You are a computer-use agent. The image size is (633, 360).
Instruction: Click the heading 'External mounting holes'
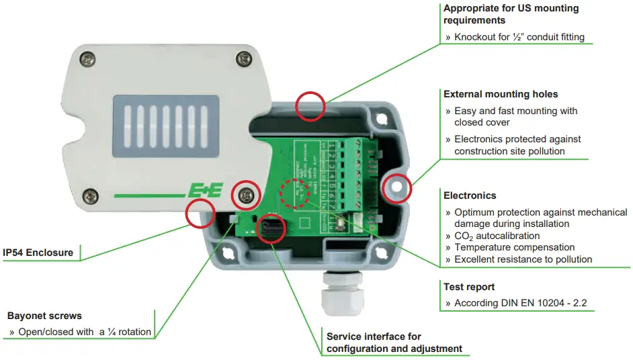tap(500, 94)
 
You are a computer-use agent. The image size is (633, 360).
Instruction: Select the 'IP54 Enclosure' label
tap(38, 253)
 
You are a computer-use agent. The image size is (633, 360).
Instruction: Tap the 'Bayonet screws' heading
tap(44, 315)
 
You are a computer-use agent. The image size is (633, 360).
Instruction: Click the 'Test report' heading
tap(469, 286)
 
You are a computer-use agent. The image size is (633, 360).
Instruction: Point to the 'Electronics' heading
tap(470, 195)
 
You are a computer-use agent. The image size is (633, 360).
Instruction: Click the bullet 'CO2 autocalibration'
tap(497, 236)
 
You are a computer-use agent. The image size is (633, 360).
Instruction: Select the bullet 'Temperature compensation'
tap(514, 247)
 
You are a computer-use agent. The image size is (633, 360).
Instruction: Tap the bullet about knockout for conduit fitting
tap(519, 37)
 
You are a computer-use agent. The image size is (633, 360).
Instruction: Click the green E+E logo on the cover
tap(202, 192)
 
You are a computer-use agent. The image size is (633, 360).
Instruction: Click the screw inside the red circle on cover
tap(246, 195)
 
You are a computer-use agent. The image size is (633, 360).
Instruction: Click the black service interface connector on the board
tap(273, 228)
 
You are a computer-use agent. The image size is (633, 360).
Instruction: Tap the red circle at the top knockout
tap(310, 105)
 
